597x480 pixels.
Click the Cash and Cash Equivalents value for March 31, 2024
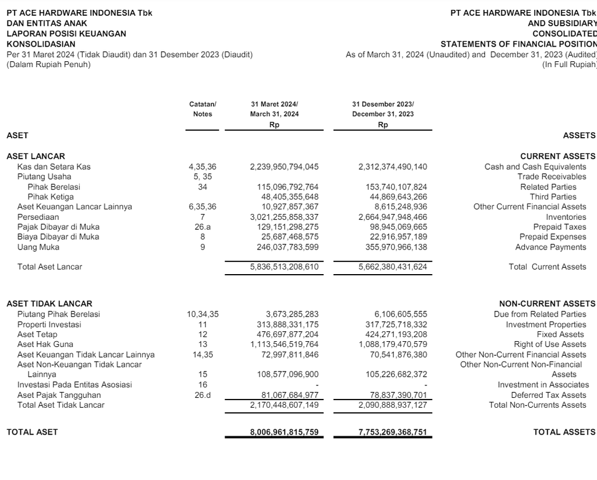pos(285,167)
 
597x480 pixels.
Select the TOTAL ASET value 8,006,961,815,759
pos(285,432)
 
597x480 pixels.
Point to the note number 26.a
pos(203,227)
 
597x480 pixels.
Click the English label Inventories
pos(566,217)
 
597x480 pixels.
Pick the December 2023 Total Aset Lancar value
pos(392,267)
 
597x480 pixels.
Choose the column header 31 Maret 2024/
pos(274,104)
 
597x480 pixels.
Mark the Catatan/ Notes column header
pos(203,109)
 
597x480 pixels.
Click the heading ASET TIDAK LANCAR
pos(49,304)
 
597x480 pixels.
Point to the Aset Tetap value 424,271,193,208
pos(393,334)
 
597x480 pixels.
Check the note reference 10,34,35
pos(203,314)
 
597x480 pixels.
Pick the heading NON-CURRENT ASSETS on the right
pos(547,304)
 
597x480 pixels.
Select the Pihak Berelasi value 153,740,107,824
pos(393,187)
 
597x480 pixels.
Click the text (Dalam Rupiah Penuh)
pos(48,65)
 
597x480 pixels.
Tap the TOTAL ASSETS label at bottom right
pos(564,432)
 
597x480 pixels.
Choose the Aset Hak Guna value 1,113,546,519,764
pos(285,344)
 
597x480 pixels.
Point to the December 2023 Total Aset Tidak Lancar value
pos(392,405)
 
